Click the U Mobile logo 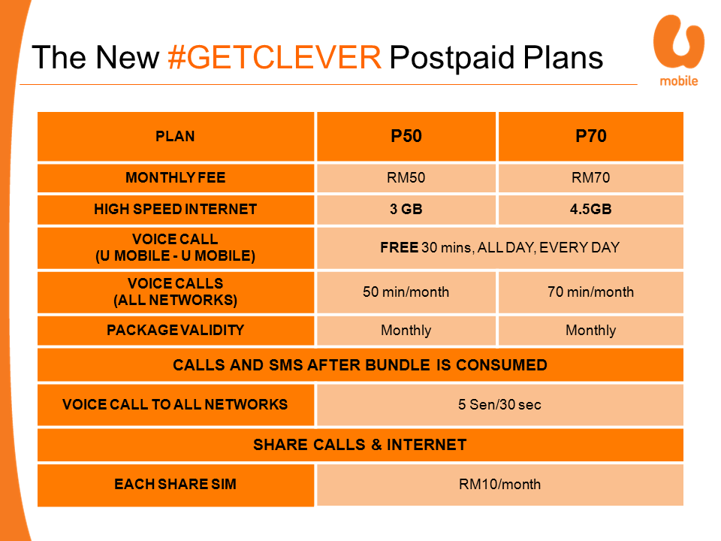[679, 50]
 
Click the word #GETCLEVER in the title [275, 58]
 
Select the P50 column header [406, 136]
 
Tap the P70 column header [591, 136]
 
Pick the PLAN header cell [176, 136]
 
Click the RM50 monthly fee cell [406, 177]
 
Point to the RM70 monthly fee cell [591, 177]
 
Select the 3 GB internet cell [406, 210]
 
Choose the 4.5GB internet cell [591, 210]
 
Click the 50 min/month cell [406, 292]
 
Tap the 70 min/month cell [591, 292]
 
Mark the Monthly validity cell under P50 [406, 331]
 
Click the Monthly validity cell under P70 [591, 331]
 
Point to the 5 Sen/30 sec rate [500, 405]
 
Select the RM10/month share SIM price [500, 485]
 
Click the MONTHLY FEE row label [176, 177]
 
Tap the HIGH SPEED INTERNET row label [176, 210]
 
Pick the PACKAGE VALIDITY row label [176, 331]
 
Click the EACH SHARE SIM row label [176, 485]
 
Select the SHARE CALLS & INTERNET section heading [360, 445]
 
